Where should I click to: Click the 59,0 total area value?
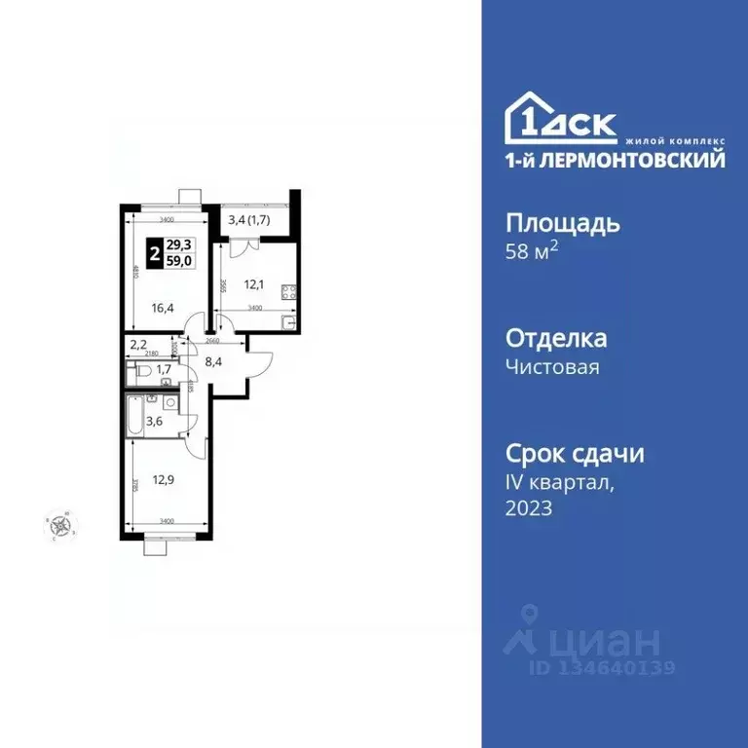178,260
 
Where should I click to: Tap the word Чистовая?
551,367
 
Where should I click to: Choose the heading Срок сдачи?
575,454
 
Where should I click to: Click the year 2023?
529,507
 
